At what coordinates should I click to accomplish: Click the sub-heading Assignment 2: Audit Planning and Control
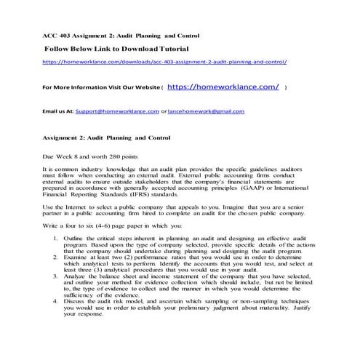106,137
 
